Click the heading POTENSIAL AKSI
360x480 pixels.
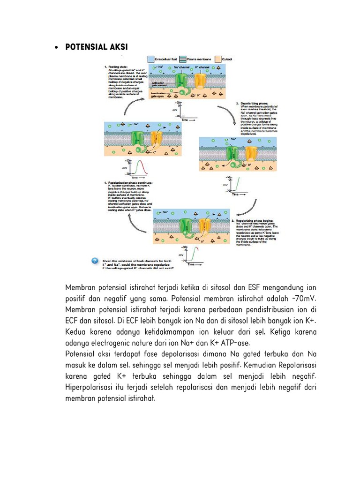pyautogui.click(x=95, y=48)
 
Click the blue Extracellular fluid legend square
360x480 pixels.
pyautogui.click(x=150, y=60)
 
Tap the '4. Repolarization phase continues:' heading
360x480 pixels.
pyautogui.click(x=127, y=183)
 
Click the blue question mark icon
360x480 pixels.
pyautogui.click(x=95, y=261)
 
